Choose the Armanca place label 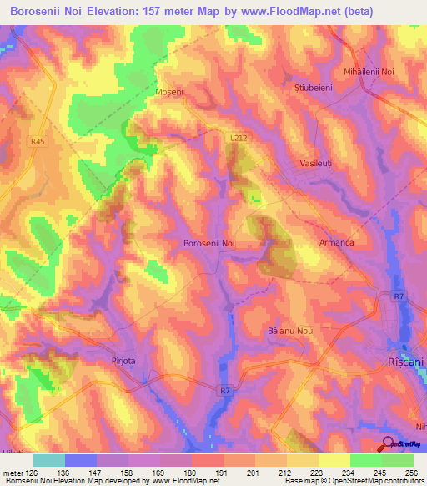(x=336, y=243)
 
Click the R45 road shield (x=38, y=142)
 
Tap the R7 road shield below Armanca (x=399, y=296)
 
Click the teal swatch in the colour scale (x=49, y=460)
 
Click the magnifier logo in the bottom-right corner (x=388, y=444)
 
